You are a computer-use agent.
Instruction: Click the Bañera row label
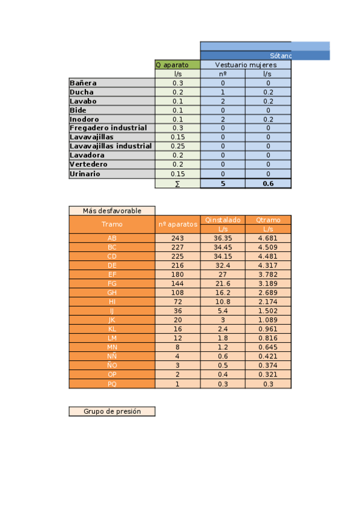(x=84, y=83)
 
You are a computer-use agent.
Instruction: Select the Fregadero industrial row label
(x=108, y=128)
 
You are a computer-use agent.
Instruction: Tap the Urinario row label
(x=85, y=174)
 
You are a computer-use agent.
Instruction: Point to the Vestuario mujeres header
(x=245, y=64)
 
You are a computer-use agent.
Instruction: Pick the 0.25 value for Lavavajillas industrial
(x=177, y=146)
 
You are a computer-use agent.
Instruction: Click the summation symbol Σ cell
(x=177, y=183)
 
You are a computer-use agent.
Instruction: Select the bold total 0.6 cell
(x=268, y=183)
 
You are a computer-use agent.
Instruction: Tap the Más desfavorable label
(x=112, y=210)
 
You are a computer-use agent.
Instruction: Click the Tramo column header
(x=112, y=224)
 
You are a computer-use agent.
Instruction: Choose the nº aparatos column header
(x=177, y=224)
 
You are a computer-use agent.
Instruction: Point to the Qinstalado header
(x=222, y=220)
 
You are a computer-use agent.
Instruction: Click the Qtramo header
(x=268, y=220)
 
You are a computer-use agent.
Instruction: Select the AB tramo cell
(x=112, y=238)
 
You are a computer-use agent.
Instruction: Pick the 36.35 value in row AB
(x=222, y=238)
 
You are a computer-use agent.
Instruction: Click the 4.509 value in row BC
(x=268, y=247)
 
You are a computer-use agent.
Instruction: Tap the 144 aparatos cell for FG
(x=177, y=283)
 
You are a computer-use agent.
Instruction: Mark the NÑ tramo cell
(x=112, y=356)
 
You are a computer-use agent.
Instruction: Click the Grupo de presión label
(x=112, y=411)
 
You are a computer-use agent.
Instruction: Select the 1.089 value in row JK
(x=268, y=320)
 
